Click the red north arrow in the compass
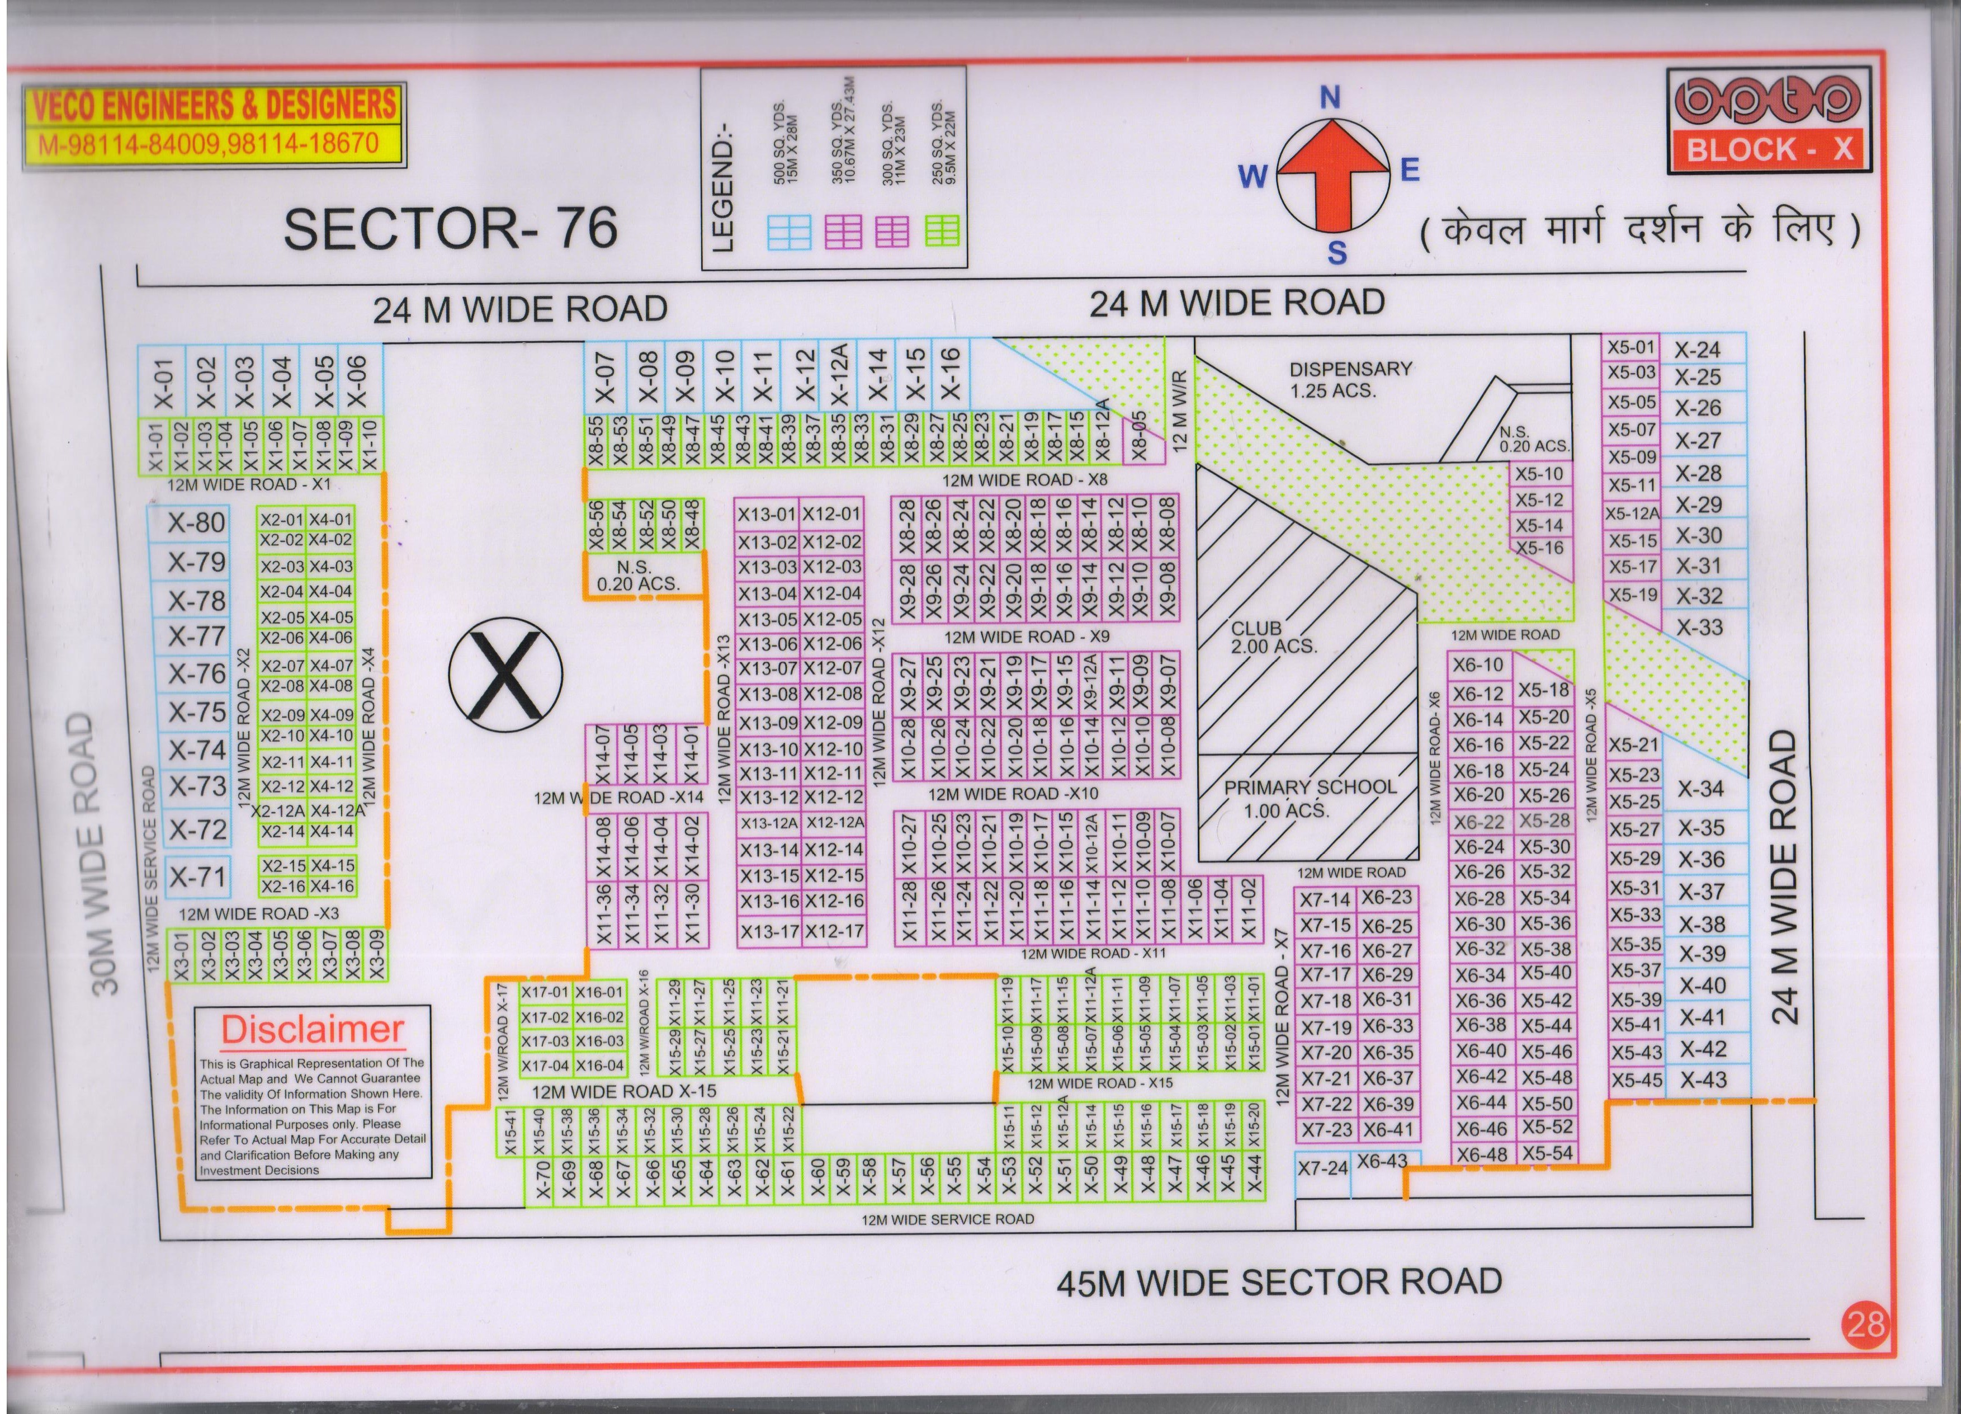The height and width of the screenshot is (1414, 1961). coord(1332,173)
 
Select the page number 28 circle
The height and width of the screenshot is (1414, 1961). coord(1865,1324)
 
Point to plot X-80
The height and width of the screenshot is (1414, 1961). coord(196,522)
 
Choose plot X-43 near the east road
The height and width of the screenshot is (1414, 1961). coord(1703,1080)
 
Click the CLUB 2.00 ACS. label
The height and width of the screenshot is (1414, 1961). coord(1272,638)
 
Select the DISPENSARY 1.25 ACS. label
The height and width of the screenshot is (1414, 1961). coord(1350,379)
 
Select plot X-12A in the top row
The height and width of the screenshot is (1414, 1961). coord(839,374)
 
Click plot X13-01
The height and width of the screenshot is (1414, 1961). coord(766,513)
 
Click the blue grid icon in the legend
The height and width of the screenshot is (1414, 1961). coord(788,232)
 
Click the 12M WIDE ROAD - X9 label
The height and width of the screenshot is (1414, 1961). coord(1026,637)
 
